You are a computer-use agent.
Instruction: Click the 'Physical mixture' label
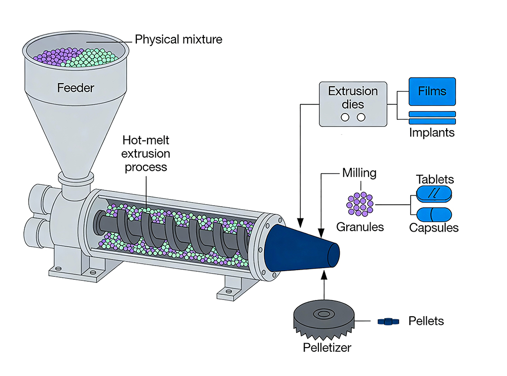[178, 39]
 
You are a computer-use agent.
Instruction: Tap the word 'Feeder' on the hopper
[76, 88]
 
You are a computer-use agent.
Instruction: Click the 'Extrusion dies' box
[353, 104]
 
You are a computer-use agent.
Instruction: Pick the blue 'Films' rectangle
[432, 92]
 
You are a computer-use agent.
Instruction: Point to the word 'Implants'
[432, 133]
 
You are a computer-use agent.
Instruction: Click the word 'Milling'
[359, 173]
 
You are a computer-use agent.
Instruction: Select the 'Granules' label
[360, 227]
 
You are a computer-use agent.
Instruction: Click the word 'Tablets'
[434, 179]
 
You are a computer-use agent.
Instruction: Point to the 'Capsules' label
[433, 228]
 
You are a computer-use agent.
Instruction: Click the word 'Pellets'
[426, 321]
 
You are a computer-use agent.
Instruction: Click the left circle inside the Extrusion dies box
[345, 118]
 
